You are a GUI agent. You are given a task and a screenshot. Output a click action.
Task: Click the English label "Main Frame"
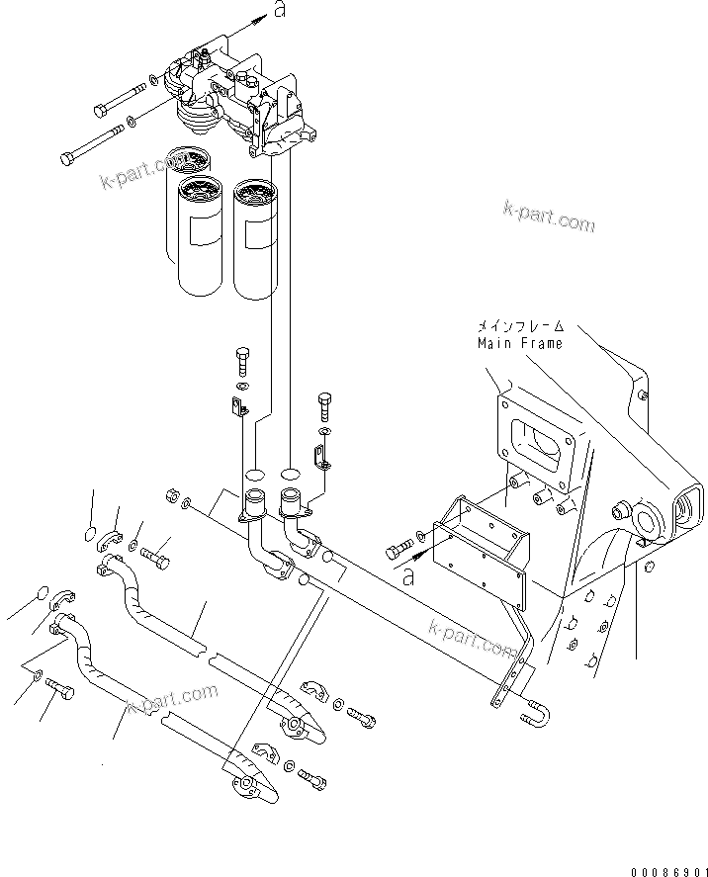tap(520, 343)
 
